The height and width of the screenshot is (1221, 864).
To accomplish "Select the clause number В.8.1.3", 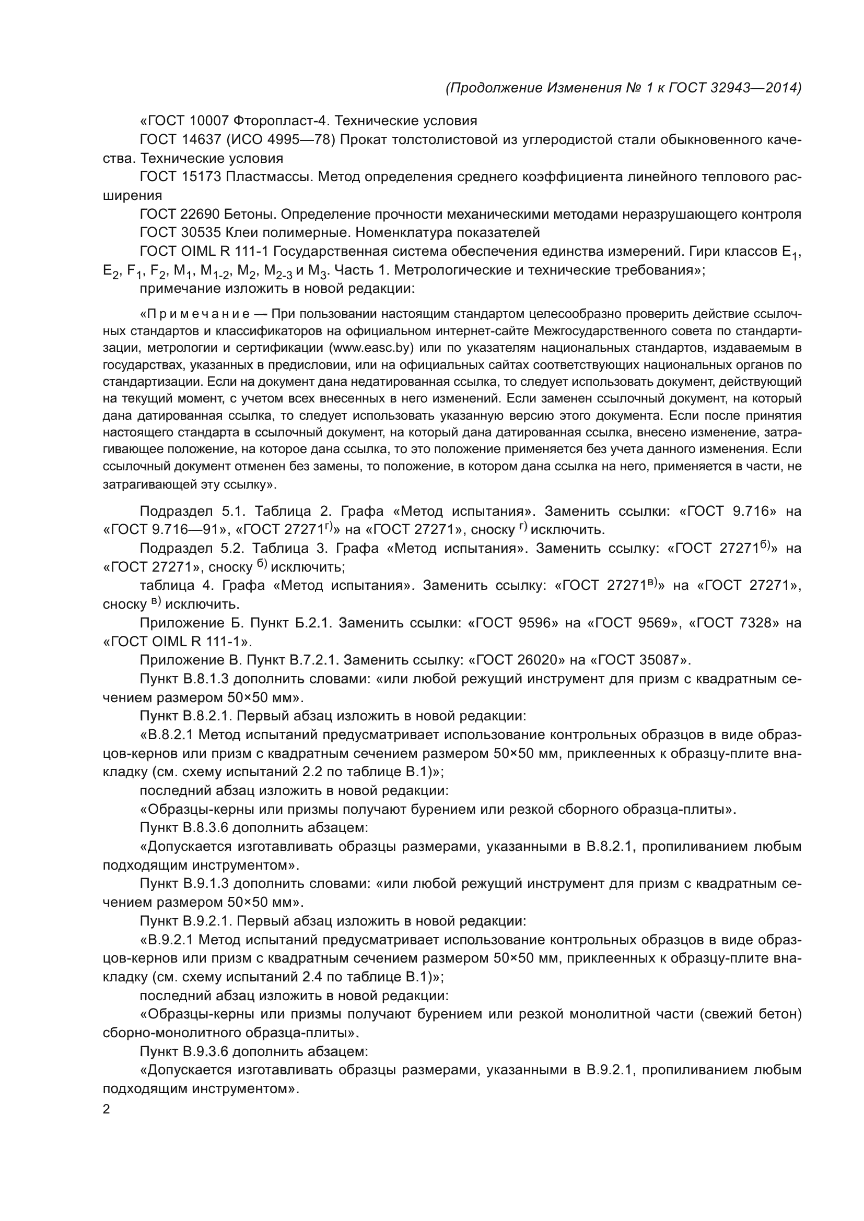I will click(x=206, y=679).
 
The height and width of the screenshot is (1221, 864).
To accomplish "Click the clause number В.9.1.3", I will click(x=206, y=884).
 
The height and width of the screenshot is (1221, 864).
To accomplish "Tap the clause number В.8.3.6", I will click(x=206, y=828).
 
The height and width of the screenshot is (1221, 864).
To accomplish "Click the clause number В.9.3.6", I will click(x=206, y=1051).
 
